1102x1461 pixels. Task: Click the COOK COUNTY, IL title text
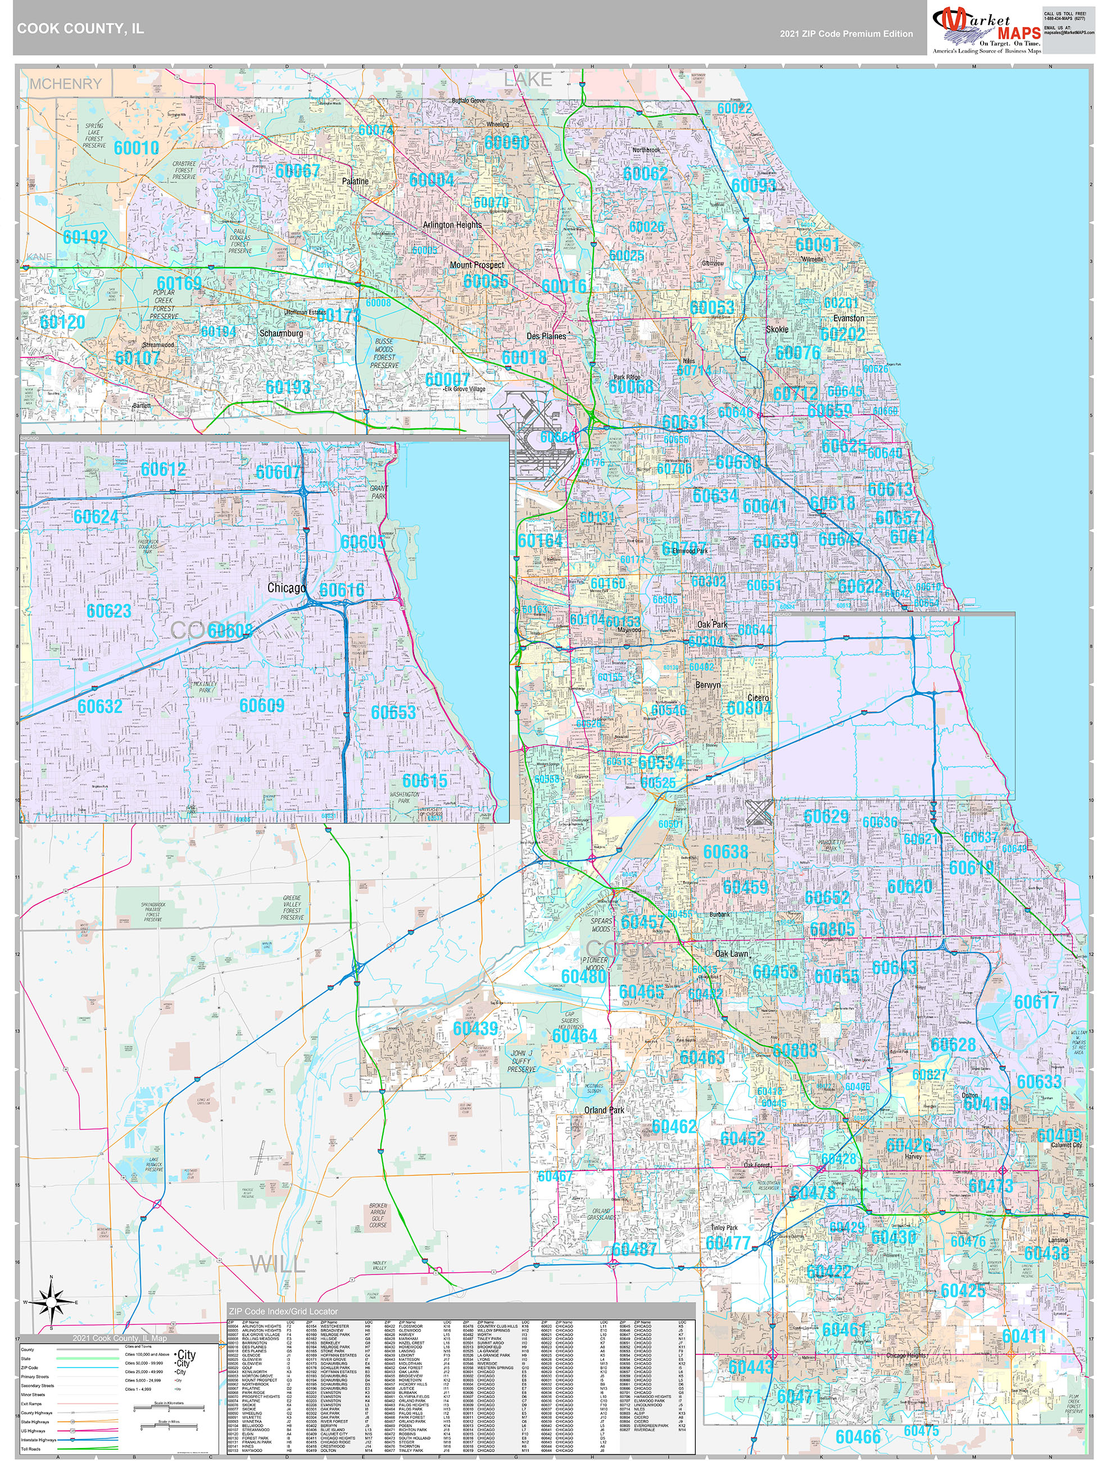point(80,29)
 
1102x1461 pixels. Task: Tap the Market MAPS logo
point(986,30)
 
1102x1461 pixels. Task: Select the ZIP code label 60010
point(136,147)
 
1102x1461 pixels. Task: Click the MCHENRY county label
point(65,84)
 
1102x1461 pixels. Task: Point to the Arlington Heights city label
point(452,225)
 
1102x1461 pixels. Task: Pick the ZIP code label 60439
point(475,1028)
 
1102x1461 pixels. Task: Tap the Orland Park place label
point(604,1110)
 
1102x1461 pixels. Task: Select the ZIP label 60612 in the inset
point(163,469)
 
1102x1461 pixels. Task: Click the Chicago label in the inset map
point(286,587)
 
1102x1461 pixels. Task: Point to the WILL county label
point(278,1264)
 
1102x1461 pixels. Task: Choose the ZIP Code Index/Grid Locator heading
point(283,1311)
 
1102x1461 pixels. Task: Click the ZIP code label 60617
point(1036,1002)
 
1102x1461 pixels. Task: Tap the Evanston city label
point(849,317)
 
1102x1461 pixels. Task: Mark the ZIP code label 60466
point(858,1437)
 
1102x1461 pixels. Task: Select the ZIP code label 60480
point(583,976)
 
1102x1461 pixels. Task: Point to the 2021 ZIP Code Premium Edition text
point(846,34)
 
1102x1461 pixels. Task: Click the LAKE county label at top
point(527,79)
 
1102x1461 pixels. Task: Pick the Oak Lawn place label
point(731,953)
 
